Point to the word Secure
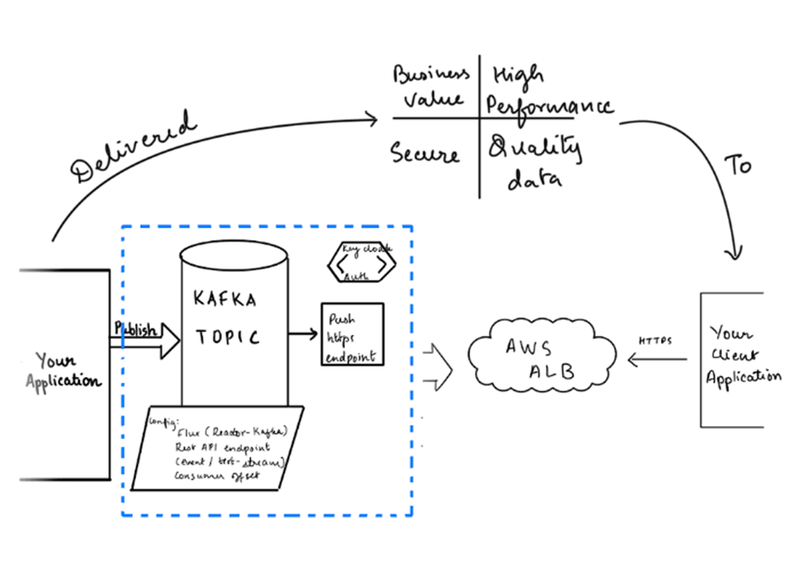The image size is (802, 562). [425, 155]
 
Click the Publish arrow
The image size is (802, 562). [144, 339]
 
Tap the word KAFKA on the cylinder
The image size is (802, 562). [225, 300]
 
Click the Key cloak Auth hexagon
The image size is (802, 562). [361, 264]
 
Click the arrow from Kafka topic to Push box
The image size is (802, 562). [303, 330]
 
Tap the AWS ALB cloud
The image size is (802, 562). [543, 356]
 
